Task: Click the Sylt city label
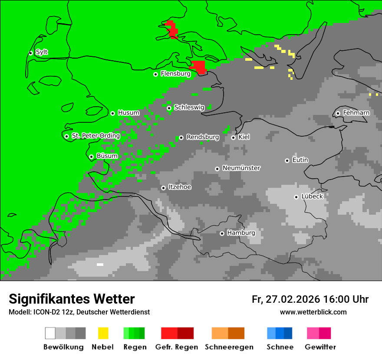[42, 52]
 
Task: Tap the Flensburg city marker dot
[155, 74]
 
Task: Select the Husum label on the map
[128, 113]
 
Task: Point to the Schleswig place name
[189, 108]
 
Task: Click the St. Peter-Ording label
[95, 136]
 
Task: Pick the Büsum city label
[107, 156]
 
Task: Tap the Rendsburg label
[202, 137]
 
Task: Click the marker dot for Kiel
[233, 137]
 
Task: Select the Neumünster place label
[241, 168]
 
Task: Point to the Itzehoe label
[180, 187]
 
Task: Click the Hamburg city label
[241, 233]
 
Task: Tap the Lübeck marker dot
[296, 197]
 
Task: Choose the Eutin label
[300, 160]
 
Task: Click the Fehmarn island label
[356, 113]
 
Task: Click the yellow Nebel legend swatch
[103, 333]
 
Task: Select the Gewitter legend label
[320, 347]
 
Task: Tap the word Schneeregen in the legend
[229, 347]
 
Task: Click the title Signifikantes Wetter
[72, 299]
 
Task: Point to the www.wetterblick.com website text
[313, 312]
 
